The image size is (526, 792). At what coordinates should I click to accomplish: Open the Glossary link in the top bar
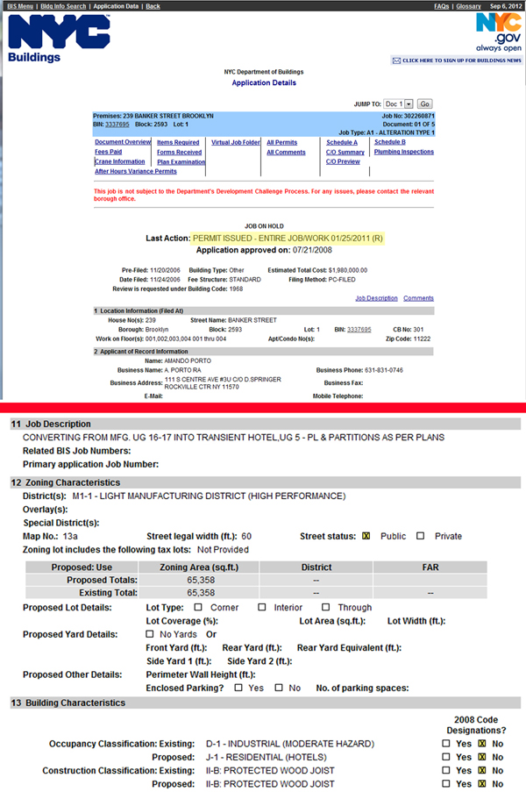click(467, 6)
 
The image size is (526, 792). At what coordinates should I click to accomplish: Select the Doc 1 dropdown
click(399, 103)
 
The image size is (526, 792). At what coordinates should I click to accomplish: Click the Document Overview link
click(123, 142)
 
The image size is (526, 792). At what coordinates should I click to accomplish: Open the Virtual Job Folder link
click(236, 142)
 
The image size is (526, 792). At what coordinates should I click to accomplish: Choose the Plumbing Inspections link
click(403, 152)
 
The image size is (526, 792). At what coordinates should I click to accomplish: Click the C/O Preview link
click(343, 161)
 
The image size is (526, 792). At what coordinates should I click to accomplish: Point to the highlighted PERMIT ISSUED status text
click(290, 239)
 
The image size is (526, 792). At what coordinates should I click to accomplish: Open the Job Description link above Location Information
click(376, 298)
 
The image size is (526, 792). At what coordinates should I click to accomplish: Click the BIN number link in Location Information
click(359, 329)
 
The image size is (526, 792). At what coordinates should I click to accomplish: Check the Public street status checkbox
click(367, 536)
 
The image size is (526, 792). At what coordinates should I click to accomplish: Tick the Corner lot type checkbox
click(198, 607)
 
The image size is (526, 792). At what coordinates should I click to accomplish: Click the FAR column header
click(430, 567)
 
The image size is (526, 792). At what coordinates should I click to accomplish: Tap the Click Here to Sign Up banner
click(456, 61)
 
